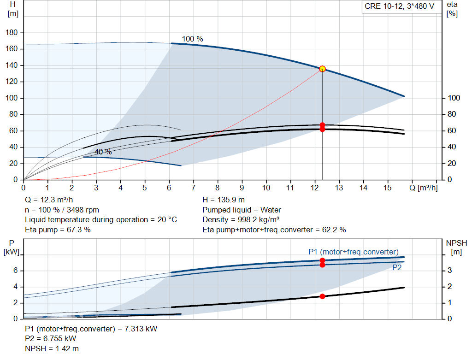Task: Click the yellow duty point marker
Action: [x=322, y=69]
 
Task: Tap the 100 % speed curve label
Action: [x=192, y=39]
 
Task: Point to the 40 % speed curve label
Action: [x=103, y=152]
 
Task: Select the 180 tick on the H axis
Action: [x=12, y=32]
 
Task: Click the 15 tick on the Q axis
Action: [x=387, y=188]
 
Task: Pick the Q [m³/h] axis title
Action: [x=424, y=188]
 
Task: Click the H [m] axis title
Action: [x=12, y=9]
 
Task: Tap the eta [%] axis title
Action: [x=452, y=9]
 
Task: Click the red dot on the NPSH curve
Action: [x=322, y=296]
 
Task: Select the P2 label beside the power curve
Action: [x=397, y=268]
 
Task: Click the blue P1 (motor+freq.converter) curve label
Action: [x=354, y=252]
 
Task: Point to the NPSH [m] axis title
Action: [x=456, y=248]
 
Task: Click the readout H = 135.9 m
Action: [x=224, y=200]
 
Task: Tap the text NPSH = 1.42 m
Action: [x=52, y=348]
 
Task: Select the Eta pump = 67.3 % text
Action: [x=58, y=230]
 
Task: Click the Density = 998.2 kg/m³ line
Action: [x=241, y=219]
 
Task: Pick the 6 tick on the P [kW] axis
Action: [x=15, y=270]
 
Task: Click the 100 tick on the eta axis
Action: [x=454, y=98]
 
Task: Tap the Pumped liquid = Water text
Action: [x=242, y=210]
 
